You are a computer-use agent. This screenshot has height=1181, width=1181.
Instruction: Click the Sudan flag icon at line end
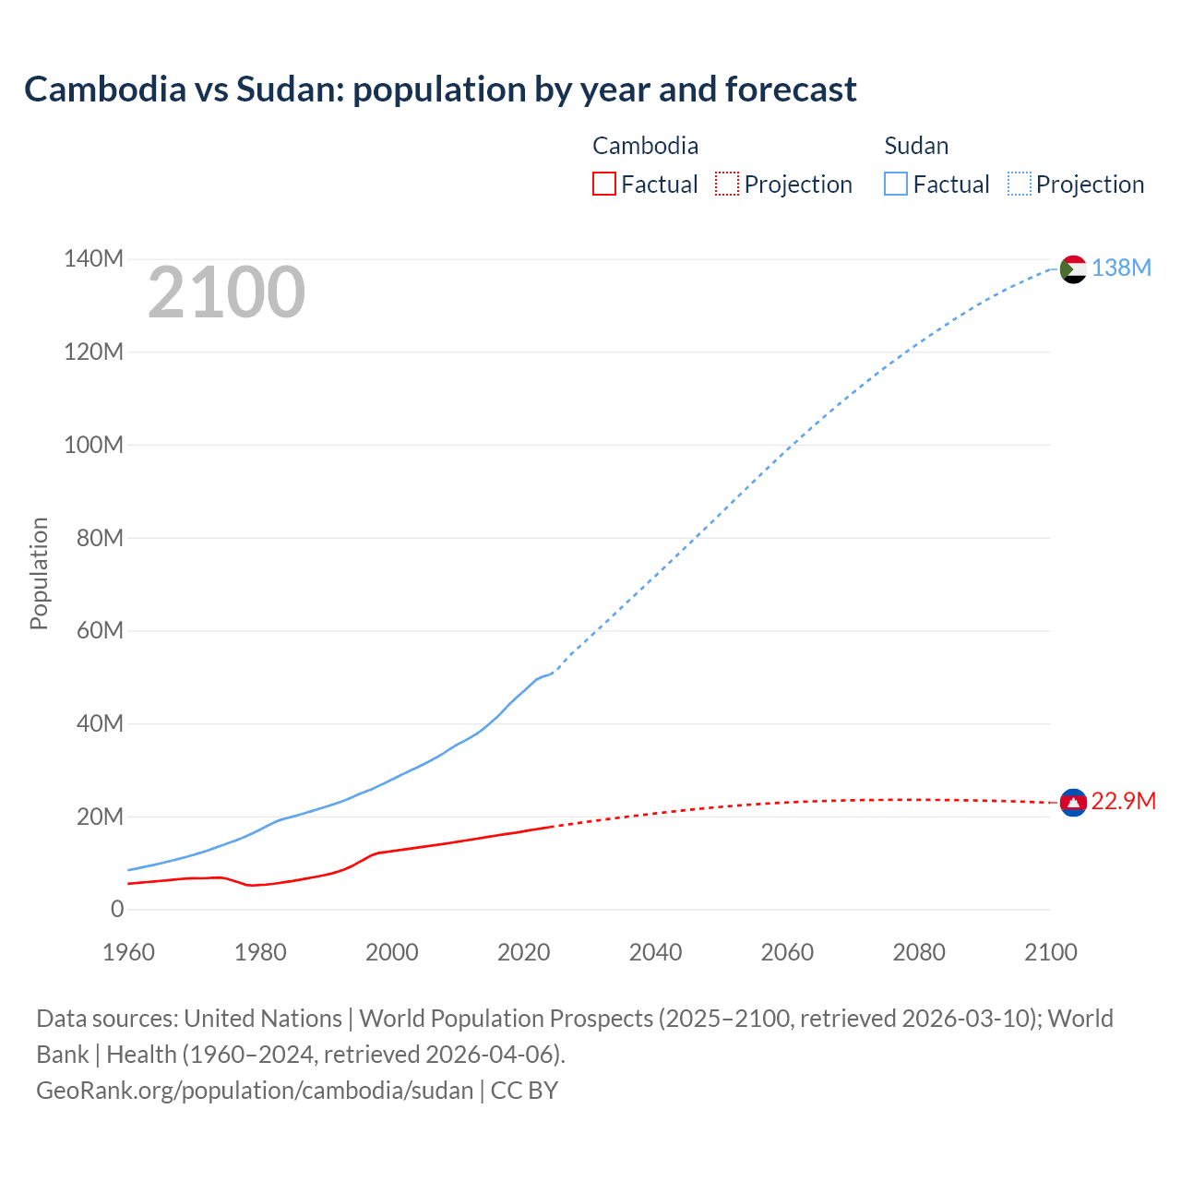click(1073, 268)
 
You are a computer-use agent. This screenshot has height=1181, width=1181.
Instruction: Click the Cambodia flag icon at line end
click(1073, 803)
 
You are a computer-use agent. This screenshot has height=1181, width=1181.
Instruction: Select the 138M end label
click(1121, 268)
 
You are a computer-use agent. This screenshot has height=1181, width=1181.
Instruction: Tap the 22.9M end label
click(1123, 801)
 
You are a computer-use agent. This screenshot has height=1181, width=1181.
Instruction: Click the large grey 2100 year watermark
click(226, 292)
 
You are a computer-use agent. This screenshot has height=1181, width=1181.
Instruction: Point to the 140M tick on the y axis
click(93, 259)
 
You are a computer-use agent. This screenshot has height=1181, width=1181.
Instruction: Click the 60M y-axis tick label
click(100, 631)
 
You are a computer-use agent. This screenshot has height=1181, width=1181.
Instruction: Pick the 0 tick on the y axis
click(117, 910)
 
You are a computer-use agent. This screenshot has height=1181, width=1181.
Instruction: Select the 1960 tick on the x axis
click(128, 952)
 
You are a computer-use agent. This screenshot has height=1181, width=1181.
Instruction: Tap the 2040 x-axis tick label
click(655, 952)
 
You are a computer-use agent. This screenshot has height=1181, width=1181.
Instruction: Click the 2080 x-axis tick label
click(919, 952)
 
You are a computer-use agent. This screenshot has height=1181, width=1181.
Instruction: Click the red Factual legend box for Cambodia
click(603, 184)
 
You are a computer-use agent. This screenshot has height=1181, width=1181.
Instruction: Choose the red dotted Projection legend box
click(727, 184)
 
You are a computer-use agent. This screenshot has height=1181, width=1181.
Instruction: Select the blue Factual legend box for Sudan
click(895, 184)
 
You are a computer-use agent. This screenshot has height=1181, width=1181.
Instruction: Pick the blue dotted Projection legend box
click(1019, 184)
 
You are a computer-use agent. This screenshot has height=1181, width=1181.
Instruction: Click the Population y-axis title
click(39, 573)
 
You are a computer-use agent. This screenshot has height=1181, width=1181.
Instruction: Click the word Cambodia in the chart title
click(104, 89)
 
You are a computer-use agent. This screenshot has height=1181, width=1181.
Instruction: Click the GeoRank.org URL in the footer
click(255, 1091)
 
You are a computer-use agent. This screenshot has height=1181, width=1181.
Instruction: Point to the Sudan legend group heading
click(916, 146)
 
